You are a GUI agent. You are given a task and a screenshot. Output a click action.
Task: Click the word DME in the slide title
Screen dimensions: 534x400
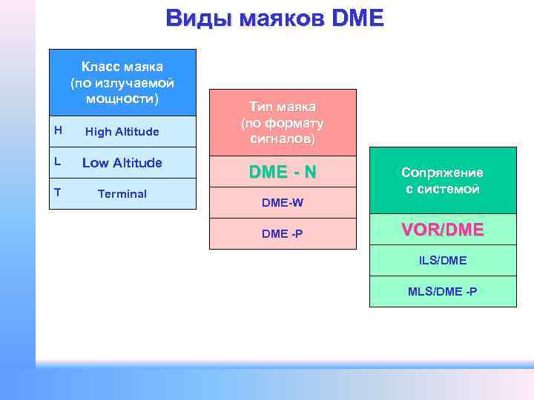coord(359,18)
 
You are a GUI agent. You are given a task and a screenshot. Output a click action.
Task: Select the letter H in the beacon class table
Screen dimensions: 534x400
coord(58,130)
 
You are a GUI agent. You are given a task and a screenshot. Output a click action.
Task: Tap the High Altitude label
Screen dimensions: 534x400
coord(122,132)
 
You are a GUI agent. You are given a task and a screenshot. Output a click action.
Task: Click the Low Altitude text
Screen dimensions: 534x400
coord(122,163)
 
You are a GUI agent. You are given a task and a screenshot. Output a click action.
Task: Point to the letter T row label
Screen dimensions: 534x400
coord(57,193)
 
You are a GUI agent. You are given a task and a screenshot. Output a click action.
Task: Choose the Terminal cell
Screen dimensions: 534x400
coord(122,194)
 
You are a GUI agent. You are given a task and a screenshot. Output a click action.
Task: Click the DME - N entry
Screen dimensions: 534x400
coord(283,172)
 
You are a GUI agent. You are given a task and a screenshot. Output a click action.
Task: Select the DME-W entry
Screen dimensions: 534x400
coord(283,202)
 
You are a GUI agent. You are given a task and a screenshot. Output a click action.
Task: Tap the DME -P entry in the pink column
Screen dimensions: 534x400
coord(283,234)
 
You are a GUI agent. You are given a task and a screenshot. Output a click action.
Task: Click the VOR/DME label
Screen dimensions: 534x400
coord(442,230)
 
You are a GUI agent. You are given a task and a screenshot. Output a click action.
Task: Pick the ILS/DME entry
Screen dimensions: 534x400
coord(442,261)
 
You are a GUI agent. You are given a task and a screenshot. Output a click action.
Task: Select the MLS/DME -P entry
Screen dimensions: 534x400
coord(442,291)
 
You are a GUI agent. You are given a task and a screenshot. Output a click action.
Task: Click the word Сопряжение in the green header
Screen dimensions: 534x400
coord(442,173)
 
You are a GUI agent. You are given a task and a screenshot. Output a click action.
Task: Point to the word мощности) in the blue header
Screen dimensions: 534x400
coord(122,99)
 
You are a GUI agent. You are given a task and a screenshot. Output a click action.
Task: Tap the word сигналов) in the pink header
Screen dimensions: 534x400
coord(283,139)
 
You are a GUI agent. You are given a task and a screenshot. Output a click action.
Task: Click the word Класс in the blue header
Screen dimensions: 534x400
coord(102,67)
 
